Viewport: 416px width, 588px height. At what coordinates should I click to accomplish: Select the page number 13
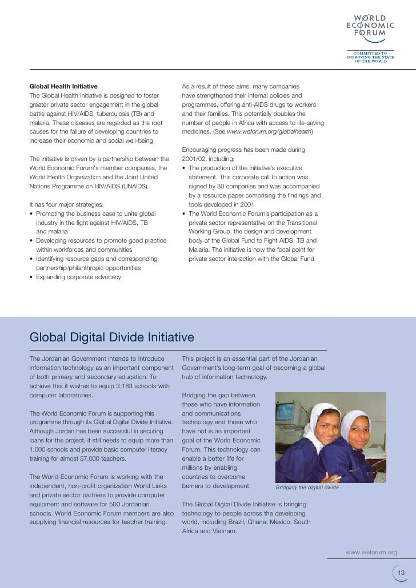(x=401, y=573)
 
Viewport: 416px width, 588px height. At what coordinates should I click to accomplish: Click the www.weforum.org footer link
(x=371, y=552)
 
